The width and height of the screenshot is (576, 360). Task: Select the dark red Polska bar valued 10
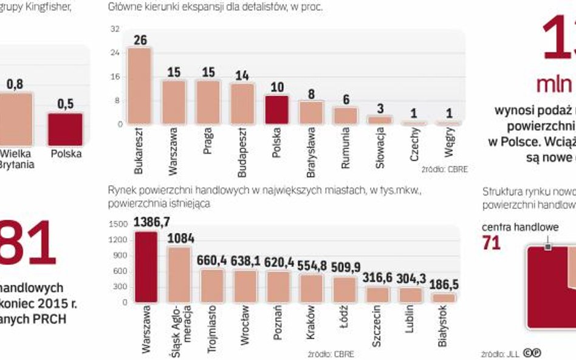tap(276, 110)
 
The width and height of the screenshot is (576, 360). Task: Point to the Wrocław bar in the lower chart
tap(245, 286)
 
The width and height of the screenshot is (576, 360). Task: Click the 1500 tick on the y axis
tap(119, 224)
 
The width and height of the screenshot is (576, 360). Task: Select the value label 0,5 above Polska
tap(65, 104)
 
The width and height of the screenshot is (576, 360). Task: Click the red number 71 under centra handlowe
tap(491, 243)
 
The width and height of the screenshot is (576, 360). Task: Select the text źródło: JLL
tap(497, 353)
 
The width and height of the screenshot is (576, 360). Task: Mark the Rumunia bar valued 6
tap(346, 115)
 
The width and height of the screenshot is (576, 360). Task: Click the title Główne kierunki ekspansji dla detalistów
tap(215, 8)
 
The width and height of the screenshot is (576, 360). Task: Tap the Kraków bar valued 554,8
tap(312, 288)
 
